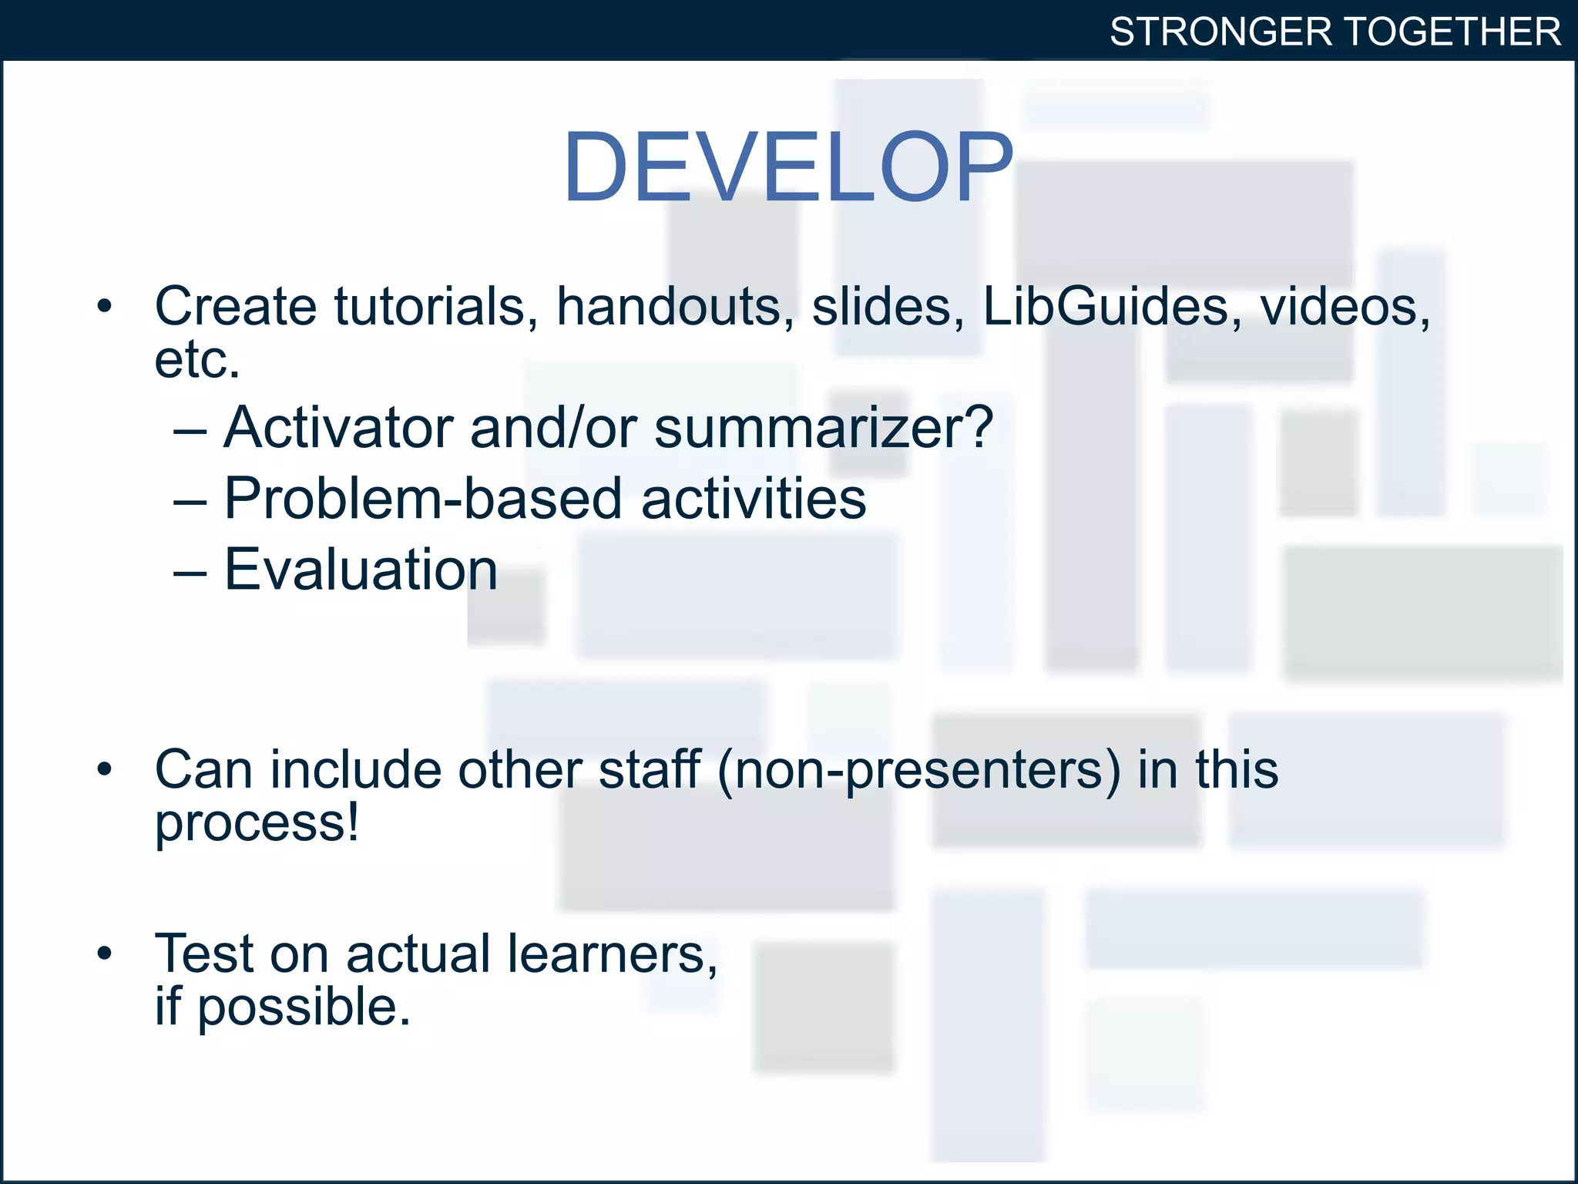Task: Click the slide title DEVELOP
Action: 787,167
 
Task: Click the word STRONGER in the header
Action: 1220,32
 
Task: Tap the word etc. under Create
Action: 197,360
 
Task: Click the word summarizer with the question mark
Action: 823,429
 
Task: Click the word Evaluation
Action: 361,570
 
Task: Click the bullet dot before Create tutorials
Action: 105,307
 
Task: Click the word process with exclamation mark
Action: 257,823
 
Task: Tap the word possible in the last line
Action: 304,1008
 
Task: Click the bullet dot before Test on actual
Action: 105,954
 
